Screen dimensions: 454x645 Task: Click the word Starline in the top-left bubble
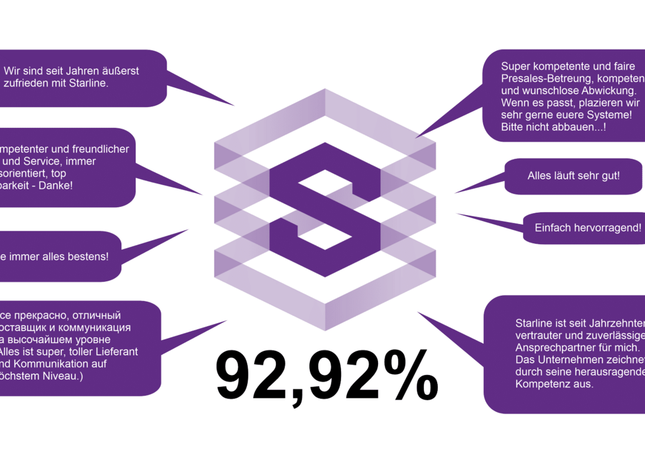pos(89,84)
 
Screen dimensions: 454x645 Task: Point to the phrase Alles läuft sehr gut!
pos(573,176)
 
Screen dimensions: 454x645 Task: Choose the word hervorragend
pos(604,228)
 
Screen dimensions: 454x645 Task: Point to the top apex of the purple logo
pos(324,88)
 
